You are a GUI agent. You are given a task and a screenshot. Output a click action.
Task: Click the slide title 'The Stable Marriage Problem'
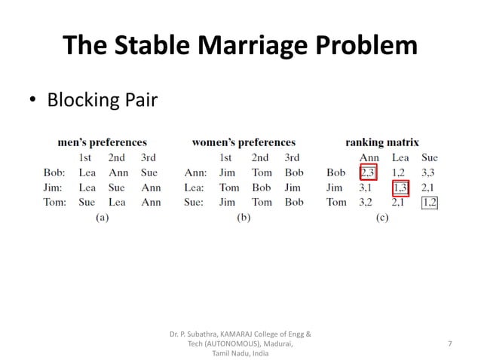tap(240, 45)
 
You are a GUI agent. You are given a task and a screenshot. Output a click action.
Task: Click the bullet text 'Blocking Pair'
tap(102, 99)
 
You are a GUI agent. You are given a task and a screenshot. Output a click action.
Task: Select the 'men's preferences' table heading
tap(102, 142)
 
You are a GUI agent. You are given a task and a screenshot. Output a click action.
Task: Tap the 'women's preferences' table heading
tap(244, 142)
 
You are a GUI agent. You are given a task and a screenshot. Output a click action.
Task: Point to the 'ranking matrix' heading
tap(382, 142)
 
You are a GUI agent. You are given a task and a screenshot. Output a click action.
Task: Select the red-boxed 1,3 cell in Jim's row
tap(400, 188)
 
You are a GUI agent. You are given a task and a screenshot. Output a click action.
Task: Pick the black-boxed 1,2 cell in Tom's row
tap(430, 202)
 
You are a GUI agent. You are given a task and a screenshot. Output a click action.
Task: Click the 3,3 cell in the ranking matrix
tap(429, 173)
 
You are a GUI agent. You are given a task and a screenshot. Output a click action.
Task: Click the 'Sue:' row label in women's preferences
tap(195, 202)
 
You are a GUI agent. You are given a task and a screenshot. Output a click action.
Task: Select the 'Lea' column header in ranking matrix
tap(400, 158)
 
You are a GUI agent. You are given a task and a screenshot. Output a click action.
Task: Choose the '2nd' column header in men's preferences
tap(116, 158)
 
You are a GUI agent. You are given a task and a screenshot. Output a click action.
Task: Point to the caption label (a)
tap(102, 217)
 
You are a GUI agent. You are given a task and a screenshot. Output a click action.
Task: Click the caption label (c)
tap(381, 217)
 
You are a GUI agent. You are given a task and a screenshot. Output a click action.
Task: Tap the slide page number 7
tap(449, 343)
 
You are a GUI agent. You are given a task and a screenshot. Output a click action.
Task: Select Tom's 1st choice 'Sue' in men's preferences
tap(87, 202)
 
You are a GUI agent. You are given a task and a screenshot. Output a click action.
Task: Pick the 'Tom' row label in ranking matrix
tap(336, 202)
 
